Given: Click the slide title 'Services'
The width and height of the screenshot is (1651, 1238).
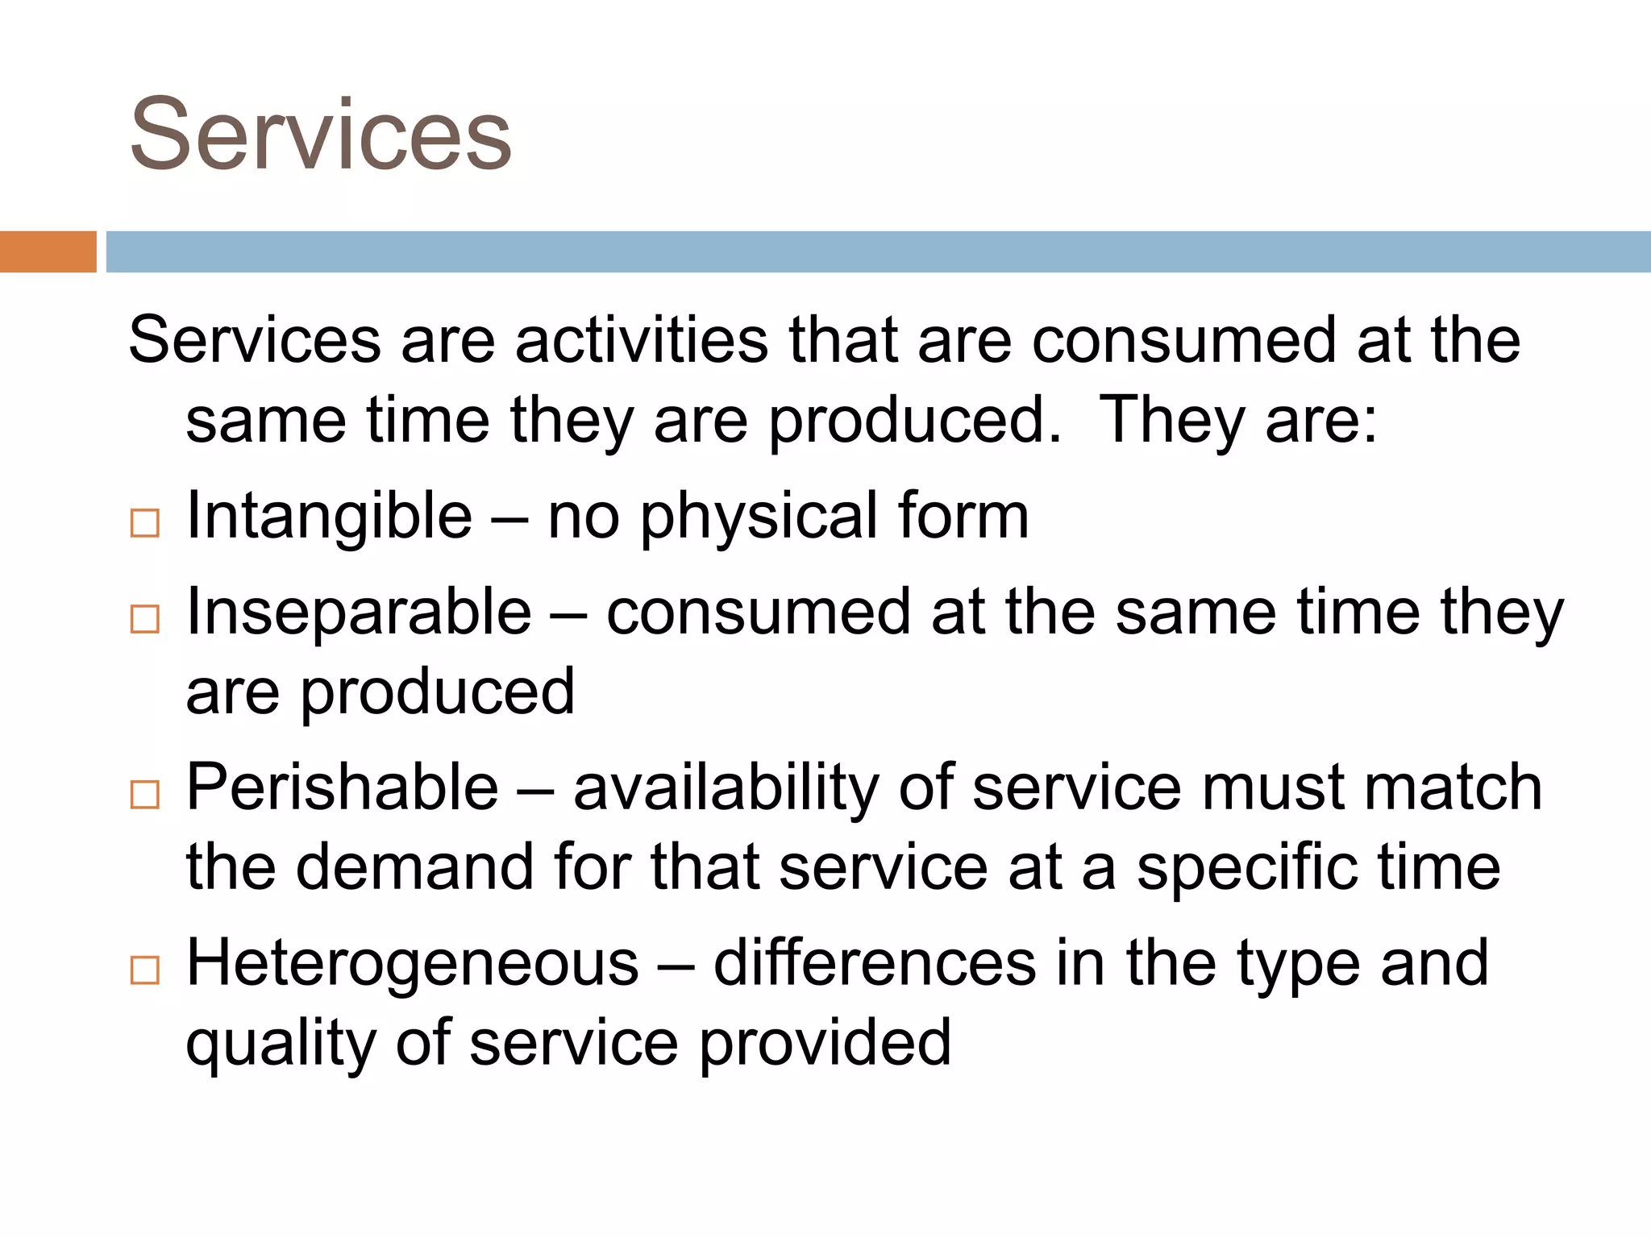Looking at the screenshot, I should [320, 135].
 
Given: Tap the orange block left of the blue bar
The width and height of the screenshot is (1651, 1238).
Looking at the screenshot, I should [48, 251].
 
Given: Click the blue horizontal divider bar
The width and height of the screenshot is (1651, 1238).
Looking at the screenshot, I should [878, 251].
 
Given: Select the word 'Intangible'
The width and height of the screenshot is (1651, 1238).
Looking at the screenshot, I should [329, 516].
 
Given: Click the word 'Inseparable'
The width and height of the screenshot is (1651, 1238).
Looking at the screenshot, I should [359, 612].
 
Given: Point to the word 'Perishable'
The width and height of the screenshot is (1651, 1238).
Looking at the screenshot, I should [343, 787].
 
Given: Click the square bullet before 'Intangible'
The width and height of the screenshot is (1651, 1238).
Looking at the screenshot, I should [145, 524].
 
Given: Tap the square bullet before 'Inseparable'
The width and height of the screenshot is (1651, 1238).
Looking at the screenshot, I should [145, 619].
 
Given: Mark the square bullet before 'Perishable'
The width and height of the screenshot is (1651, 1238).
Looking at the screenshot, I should [145, 795].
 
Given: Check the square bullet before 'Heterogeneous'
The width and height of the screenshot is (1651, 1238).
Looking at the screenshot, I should [145, 970].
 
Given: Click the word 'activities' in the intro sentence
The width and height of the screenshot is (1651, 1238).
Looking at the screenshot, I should [642, 340].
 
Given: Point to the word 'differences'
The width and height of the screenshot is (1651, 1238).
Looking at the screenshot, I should [875, 963].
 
